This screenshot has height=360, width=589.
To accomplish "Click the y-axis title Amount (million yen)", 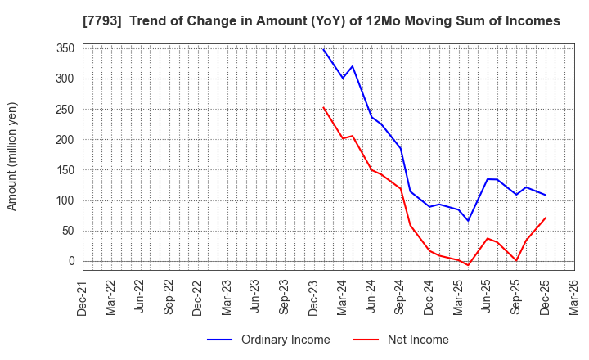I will point(12,156).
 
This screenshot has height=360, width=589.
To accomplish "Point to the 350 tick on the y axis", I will point(66,48).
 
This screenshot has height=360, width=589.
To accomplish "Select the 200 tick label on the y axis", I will point(66,140).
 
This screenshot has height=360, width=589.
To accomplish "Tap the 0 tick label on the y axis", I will point(72,261).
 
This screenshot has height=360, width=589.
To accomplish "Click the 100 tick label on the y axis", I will point(66,200).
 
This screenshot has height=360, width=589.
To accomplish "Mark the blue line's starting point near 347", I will point(323,49).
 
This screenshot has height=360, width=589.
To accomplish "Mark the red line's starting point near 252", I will point(323,107).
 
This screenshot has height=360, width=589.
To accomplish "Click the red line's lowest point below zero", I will point(468,265).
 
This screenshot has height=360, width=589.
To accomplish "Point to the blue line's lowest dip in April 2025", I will point(468,221).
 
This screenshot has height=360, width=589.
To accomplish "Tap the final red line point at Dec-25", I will point(545,218).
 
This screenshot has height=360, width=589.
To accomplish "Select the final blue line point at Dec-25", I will point(545,195).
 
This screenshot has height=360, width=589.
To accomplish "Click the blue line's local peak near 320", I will point(353,66).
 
